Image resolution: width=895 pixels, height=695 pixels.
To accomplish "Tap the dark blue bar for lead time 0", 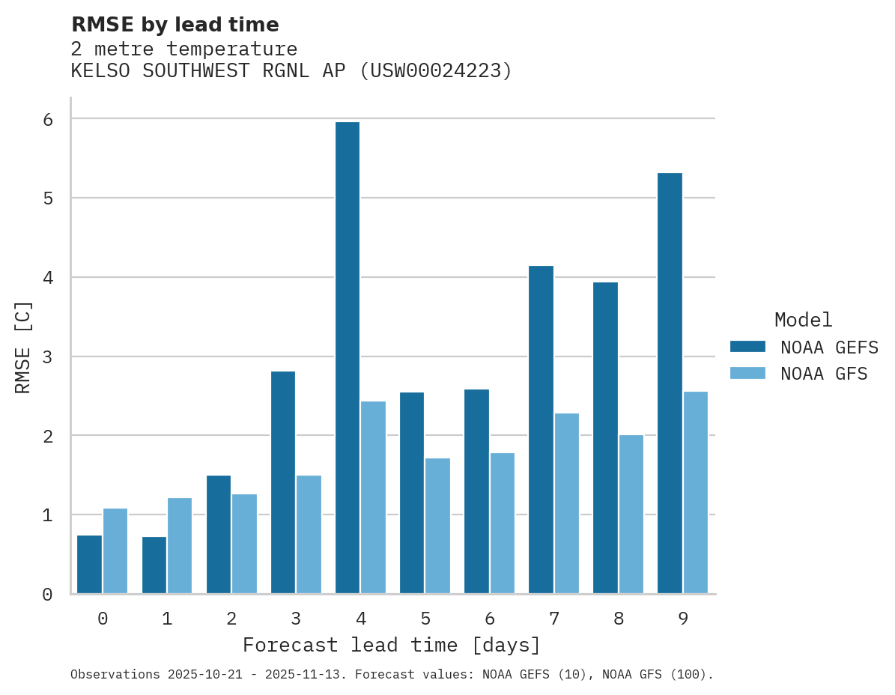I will (90, 565).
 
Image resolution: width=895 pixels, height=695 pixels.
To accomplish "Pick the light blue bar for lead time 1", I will (180, 546).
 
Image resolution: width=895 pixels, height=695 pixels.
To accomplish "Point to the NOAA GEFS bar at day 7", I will (541, 430).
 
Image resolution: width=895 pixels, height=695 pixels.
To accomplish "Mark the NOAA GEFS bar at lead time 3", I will (283, 482).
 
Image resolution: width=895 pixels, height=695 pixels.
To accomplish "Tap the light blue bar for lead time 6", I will (502, 523).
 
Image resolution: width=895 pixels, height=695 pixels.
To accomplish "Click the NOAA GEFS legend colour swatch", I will (747, 347).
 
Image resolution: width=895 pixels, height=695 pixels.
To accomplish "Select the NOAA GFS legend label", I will (824, 374).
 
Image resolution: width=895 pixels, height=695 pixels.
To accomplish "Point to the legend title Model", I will (803, 321).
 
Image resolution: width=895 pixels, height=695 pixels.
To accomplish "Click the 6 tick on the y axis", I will (47, 119).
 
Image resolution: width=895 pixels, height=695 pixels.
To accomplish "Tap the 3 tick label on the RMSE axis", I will (47, 356).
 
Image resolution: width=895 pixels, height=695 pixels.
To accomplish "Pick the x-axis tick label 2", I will (231, 619).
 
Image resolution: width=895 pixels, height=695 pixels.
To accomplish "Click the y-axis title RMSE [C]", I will (23, 347).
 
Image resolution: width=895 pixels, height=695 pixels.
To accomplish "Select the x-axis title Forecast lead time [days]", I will (391, 646).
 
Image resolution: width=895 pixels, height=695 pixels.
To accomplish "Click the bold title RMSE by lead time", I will (175, 25).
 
